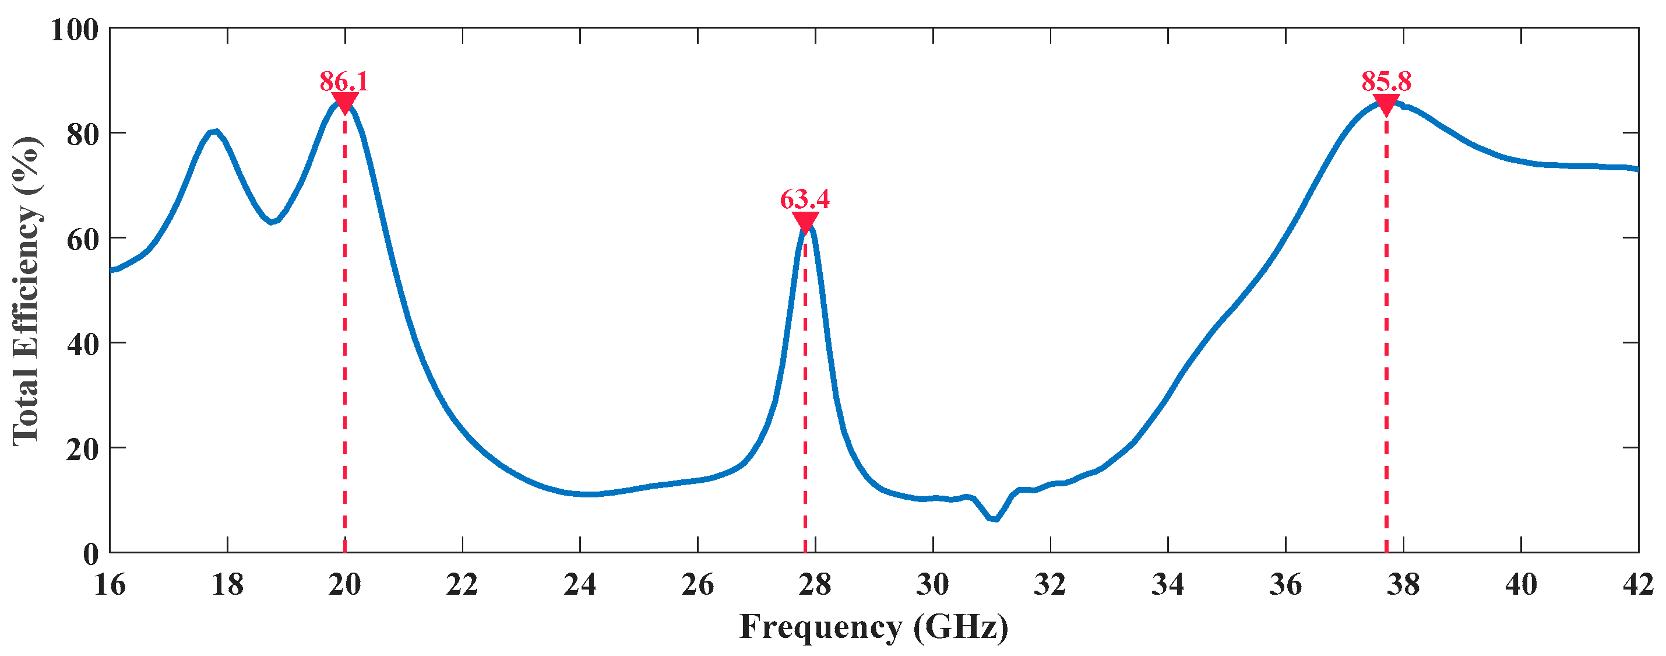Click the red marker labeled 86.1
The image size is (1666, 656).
[345, 101]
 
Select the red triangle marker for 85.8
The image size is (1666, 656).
[1386, 104]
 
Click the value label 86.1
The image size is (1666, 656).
[344, 82]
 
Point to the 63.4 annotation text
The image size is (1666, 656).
[805, 199]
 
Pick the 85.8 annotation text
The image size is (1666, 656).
[1386, 82]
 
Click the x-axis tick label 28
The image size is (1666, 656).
[815, 585]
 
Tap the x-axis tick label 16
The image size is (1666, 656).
[110, 585]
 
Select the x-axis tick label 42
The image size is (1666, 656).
[1638, 585]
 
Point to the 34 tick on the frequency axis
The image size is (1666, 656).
[1168, 585]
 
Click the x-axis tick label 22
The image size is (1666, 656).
[463, 585]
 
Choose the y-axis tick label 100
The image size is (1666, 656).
[75, 30]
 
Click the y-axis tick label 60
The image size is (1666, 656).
[82, 240]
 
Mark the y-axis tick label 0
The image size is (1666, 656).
[91, 555]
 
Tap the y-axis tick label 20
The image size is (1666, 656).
[82, 449]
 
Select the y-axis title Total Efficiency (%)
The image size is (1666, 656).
[27, 291]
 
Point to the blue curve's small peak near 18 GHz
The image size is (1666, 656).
[214, 132]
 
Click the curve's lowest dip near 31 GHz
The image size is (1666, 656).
[994, 519]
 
